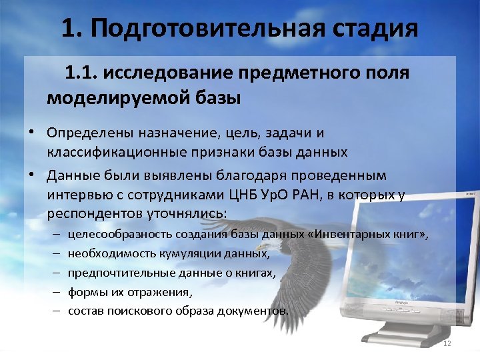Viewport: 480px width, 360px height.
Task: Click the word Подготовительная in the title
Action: pos(203,29)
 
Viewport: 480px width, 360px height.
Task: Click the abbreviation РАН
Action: pos(311,196)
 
